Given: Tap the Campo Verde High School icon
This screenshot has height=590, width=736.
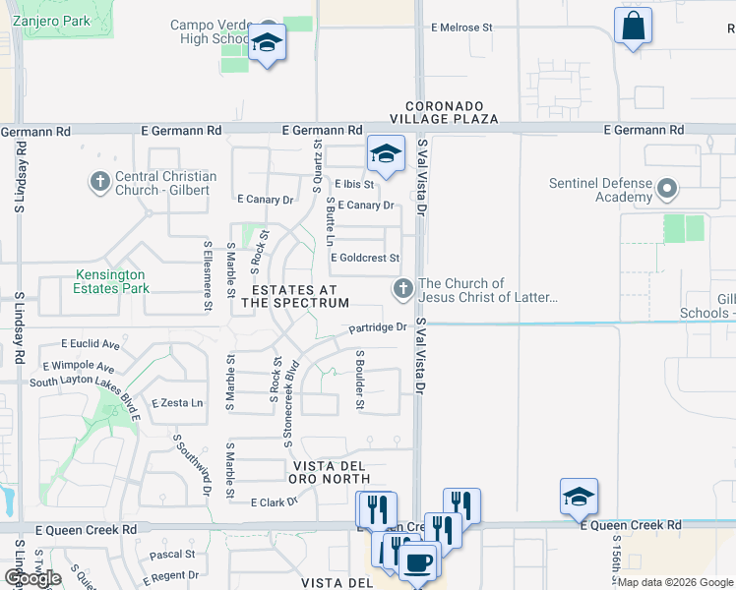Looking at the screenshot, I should [x=266, y=42].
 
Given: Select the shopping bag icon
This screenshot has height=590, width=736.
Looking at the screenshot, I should [x=633, y=25].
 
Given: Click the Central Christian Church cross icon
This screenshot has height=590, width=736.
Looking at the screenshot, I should [x=99, y=181].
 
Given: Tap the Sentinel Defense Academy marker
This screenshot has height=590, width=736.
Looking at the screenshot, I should [x=667, y=187].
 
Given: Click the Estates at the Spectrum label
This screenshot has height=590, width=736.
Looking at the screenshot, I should [x=295, y=296].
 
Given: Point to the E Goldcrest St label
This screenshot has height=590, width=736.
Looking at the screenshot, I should [x=365, y=259].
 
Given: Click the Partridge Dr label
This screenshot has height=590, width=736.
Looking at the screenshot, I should [x=377, y=327].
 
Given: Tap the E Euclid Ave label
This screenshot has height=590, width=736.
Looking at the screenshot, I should [x=90, y=345].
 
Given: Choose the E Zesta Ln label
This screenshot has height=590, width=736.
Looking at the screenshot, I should [x=177, y=403].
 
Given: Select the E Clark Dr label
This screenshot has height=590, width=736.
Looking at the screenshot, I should [x=274, y=502].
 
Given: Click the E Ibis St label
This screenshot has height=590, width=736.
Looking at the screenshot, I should [x=354, y=184].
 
